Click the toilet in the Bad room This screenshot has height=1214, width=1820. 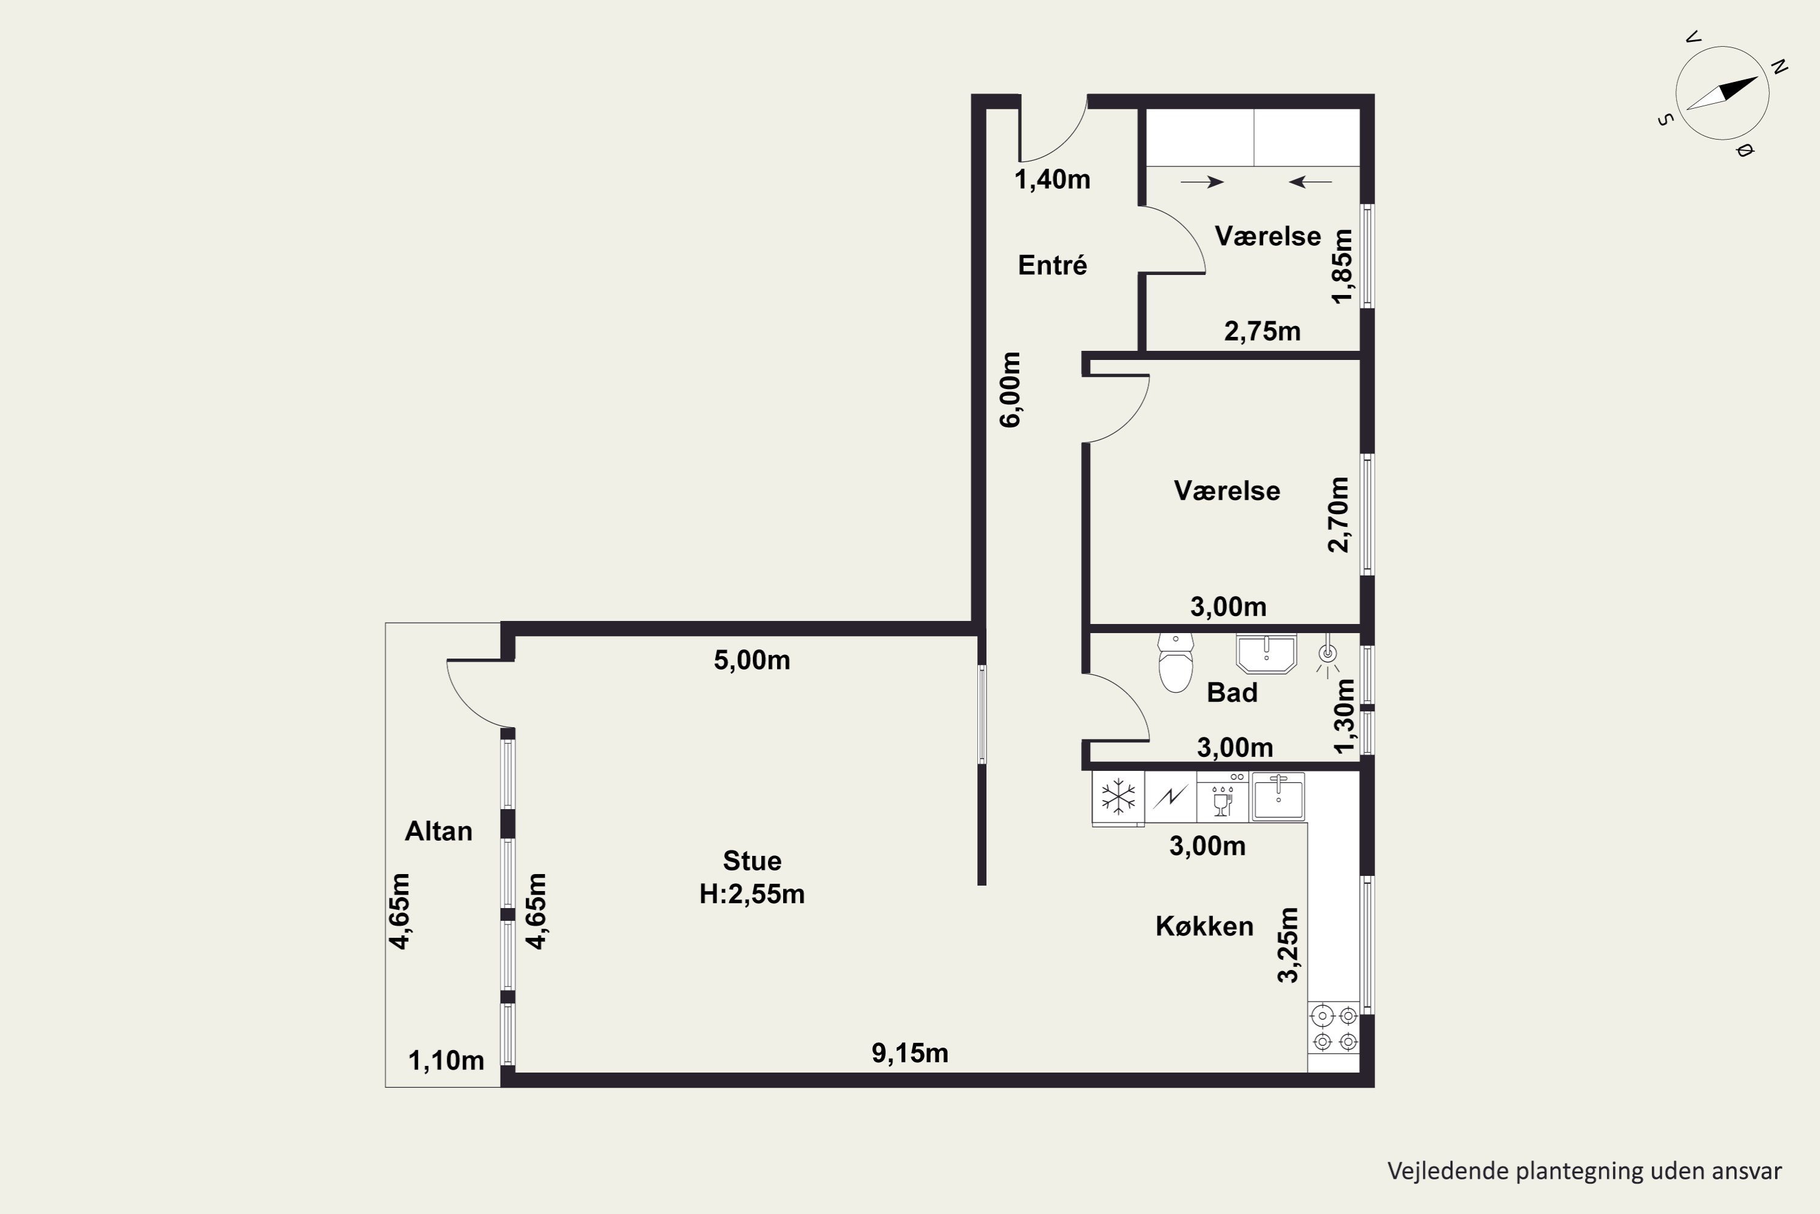(1176, 663)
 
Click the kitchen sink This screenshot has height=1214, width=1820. (1278, 796)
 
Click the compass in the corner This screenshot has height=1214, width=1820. (1722, 93)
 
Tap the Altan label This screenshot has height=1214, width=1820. (439, 831)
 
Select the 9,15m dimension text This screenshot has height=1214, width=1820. (910, 1053)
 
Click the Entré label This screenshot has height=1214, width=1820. (1053, 265)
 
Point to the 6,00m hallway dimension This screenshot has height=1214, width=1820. (1011, 390)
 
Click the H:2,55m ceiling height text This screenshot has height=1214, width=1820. (752, 894)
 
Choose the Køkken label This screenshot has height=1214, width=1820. (1205, 926)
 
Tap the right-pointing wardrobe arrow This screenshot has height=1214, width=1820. (1202, 182)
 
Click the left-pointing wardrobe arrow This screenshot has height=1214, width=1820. (1310, 182)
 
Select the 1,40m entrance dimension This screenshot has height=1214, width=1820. (1053, 180)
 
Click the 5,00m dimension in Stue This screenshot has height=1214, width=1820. (752, 660)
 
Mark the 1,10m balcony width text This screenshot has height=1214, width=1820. (447, 1060)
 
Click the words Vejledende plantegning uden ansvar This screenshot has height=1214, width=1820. (1585, 1171)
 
